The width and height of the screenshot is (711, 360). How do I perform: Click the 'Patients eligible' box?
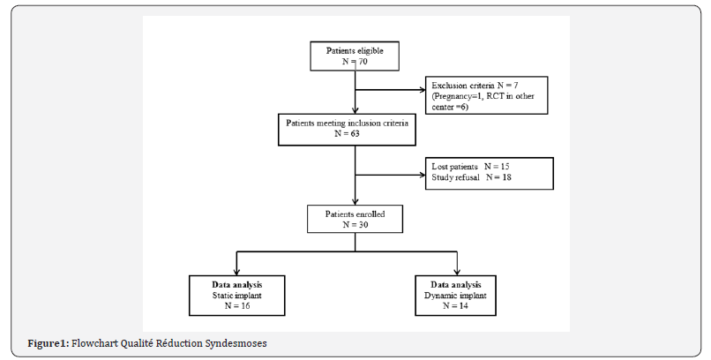tap(355, 56)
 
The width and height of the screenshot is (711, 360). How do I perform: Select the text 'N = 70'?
tap(355, 62)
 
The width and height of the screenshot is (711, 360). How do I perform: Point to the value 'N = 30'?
tap(355, 224)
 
